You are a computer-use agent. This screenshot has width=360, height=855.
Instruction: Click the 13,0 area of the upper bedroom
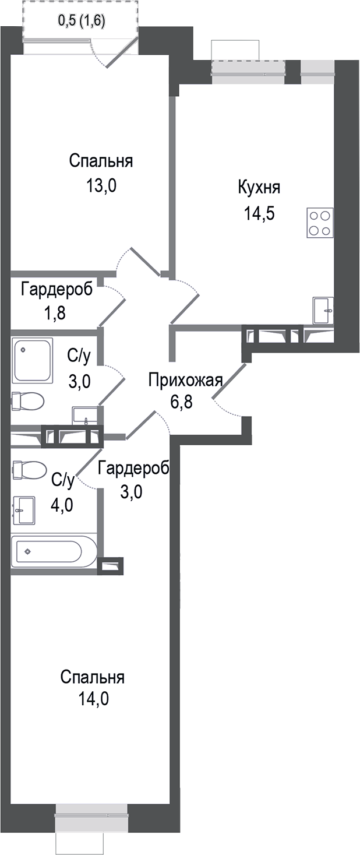tap(101, 186)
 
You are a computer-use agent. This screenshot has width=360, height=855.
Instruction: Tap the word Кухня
tap(259, 188)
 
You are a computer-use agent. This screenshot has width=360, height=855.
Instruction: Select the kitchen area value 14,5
tap(259, 213)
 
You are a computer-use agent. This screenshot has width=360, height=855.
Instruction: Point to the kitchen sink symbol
tap(322, 311)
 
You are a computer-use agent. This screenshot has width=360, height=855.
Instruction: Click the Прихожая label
tap(185, 381)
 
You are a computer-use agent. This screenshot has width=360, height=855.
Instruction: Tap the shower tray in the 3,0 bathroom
tap(32, 360)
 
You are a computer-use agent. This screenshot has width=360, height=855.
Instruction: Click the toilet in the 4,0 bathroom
tap(29, 470)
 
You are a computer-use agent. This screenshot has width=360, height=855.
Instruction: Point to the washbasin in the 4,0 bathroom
tap(24, 510)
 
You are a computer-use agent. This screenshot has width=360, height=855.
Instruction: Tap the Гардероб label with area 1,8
tap(57, 289)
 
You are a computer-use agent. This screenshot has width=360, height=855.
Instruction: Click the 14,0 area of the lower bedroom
tap(93, 698)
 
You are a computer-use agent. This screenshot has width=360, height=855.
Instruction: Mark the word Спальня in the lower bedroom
tap(93, 677)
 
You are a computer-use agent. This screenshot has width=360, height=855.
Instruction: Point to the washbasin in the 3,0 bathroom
tap(85, 416)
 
